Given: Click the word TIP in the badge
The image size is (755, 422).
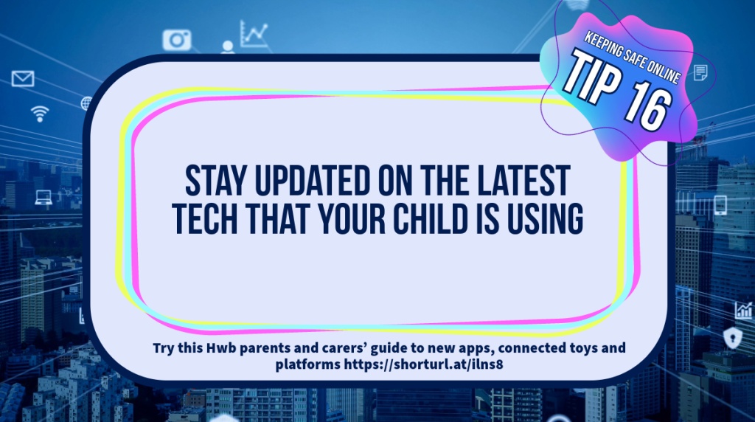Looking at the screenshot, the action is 592,75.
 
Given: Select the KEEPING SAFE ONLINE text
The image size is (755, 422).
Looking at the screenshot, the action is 633,57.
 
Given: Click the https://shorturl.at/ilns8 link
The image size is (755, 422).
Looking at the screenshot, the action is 423,364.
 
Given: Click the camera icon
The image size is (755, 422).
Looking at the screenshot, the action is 177,40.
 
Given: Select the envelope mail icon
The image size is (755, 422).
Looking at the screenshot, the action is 23,78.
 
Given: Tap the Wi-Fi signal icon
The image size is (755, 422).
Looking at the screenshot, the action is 40,114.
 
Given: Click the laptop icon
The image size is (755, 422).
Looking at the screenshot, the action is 44,198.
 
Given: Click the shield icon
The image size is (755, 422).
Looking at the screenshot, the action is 732,337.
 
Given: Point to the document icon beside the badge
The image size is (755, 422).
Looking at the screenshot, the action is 700,73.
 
